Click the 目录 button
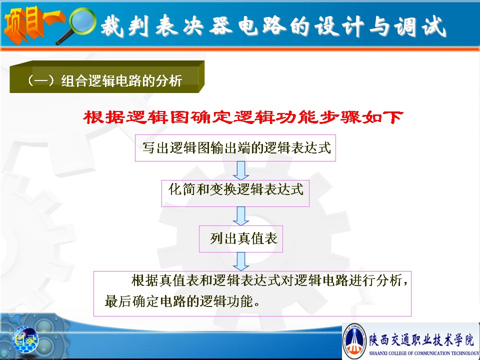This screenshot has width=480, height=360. click(25, 339)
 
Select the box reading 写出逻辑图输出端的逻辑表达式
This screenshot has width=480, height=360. click(235, 148)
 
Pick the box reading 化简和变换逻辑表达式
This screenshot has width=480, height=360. click(235, 193)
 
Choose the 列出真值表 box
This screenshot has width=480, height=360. click(241, 239)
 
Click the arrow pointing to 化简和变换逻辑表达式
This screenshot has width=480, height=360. click(241, 170)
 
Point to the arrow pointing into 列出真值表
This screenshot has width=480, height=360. click(241, 216)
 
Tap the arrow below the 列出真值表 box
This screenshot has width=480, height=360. click(241, 261)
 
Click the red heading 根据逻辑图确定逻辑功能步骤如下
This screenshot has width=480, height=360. click(243, 117)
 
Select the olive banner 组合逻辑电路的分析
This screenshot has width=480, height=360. click(107, 77)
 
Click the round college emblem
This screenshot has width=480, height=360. click(354, 341)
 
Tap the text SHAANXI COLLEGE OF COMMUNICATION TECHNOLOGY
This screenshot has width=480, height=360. click(424, 353)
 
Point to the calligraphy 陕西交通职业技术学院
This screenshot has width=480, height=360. click(421, 339)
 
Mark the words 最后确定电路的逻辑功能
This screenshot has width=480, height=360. click(179, 301)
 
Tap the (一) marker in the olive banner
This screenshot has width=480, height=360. click(41, 80)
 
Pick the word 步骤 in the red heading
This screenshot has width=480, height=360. click(340, 117)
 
